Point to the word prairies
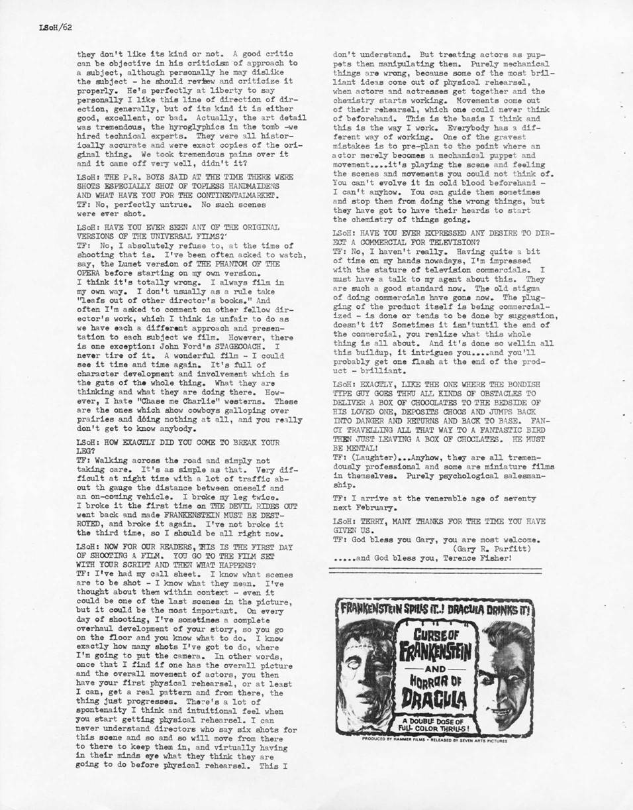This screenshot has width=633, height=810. pos(97,420)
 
